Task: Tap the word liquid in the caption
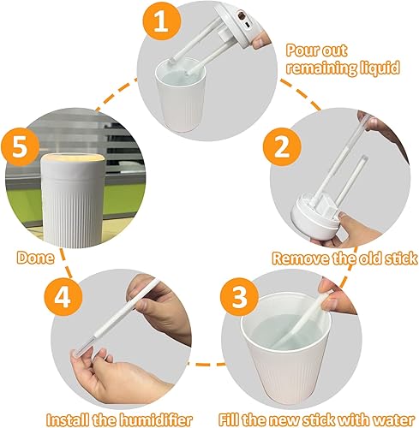[x=377, y=67]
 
